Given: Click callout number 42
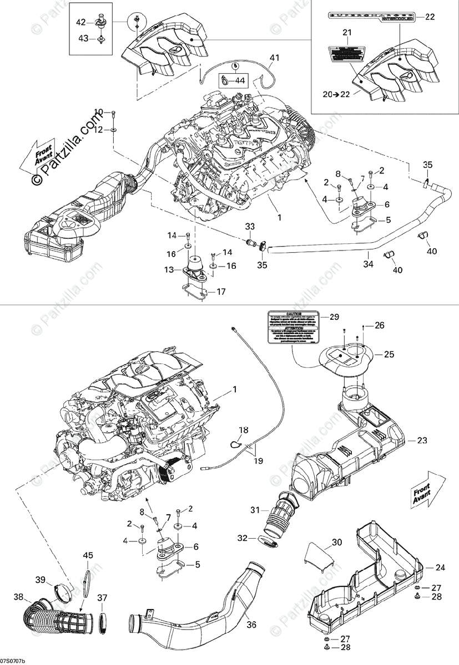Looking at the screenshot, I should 81,22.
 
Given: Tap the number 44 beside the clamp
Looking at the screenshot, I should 240,81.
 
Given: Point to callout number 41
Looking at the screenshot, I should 274,58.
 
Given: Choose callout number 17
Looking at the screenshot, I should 221,291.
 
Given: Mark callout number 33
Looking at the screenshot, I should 250,226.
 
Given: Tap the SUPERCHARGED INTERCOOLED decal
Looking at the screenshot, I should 370,17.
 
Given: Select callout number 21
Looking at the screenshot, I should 347,33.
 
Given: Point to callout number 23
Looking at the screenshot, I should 438,441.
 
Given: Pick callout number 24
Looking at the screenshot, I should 440,567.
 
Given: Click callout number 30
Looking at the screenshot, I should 353,542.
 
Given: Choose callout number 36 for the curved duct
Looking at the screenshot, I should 251,625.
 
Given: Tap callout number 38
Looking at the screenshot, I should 19,597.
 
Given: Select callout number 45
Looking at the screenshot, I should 88,555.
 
